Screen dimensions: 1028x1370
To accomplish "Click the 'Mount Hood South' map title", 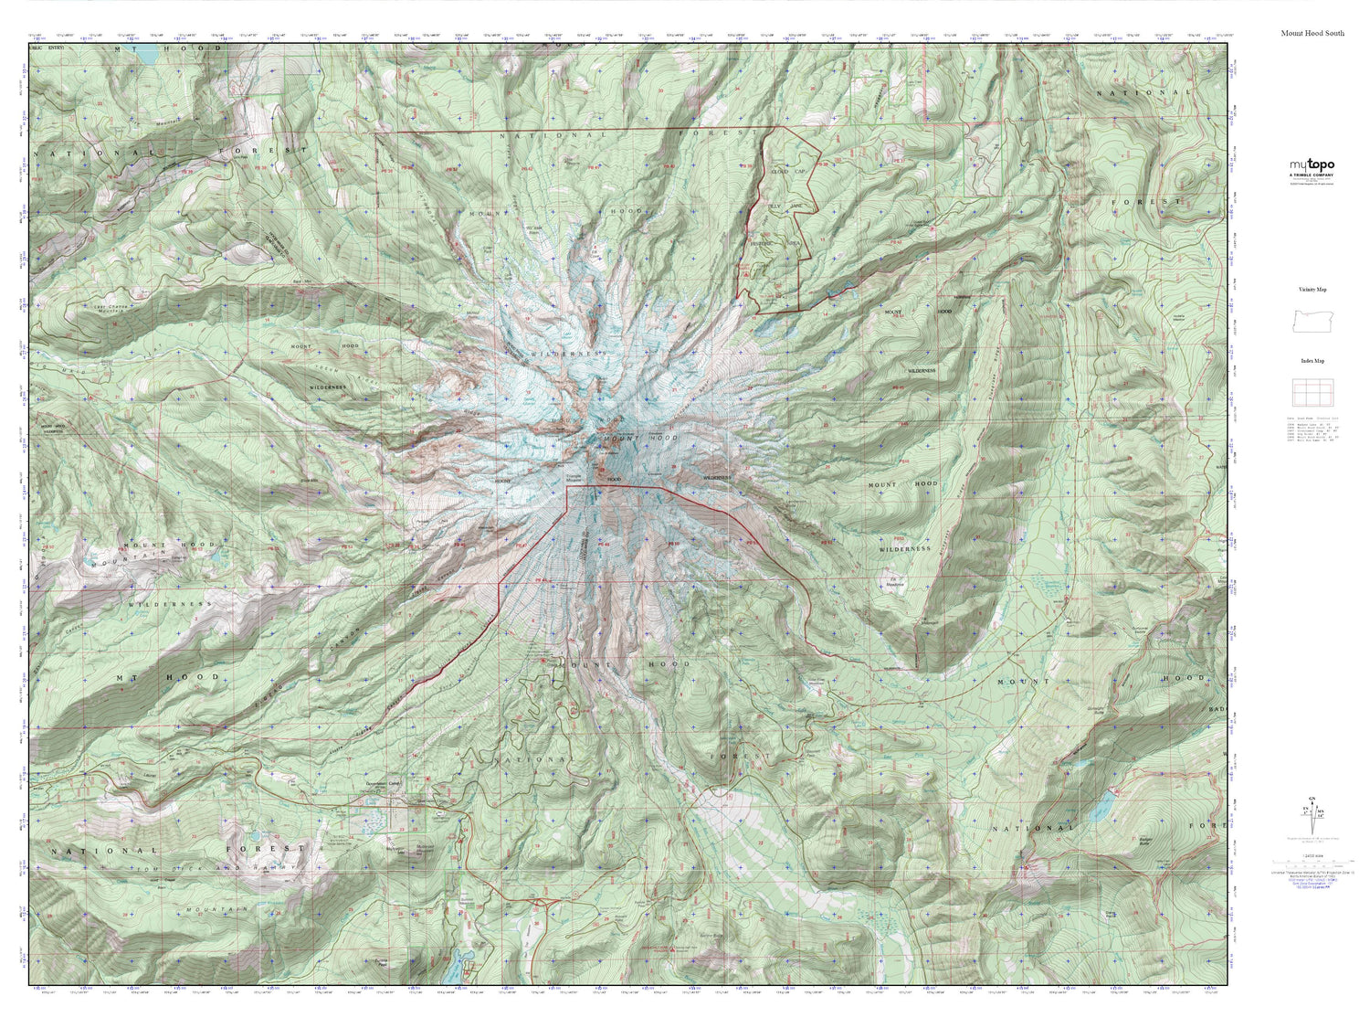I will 1312,33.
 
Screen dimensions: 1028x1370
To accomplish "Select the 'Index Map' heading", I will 1312,361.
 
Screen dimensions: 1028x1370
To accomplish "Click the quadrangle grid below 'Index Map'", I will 1312,393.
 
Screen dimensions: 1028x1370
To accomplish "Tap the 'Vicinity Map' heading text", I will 1312,290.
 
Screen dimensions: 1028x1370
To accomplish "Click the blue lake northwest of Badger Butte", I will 1103,805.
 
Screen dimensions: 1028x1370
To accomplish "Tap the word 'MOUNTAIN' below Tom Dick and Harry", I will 205,911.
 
